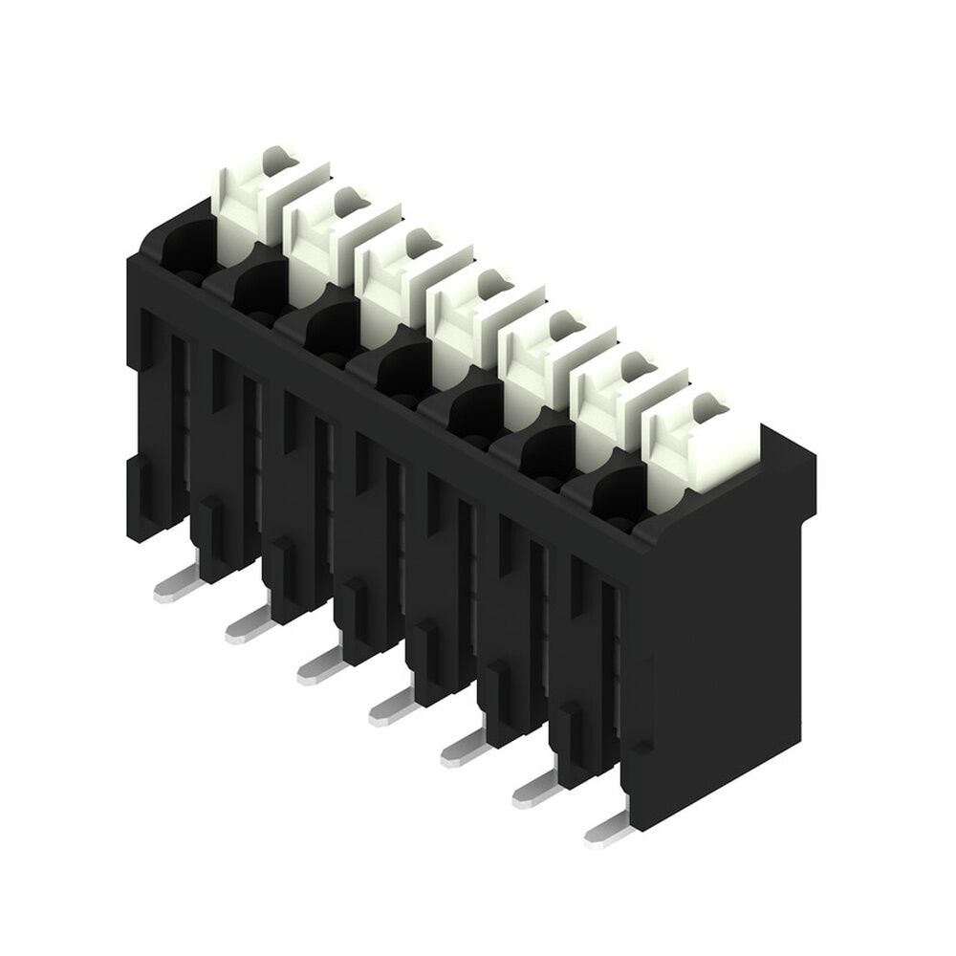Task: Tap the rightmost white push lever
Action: tap(698, 445)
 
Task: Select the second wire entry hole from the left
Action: tap(253, 292)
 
